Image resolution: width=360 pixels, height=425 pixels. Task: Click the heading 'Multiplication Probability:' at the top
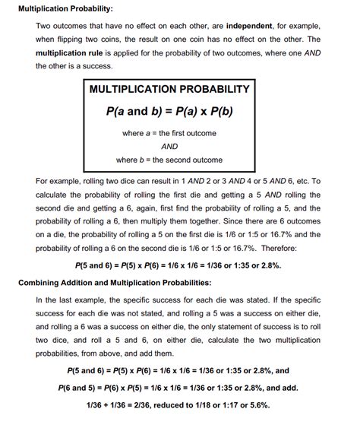click(65, 9)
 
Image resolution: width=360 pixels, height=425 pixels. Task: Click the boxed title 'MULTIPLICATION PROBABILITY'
click(169, 89)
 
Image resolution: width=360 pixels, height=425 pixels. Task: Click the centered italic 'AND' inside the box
click(169, 147)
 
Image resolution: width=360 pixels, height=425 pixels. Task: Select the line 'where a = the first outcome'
click(169, 133)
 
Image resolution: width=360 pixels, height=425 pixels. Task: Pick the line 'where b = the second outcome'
click(169, 160)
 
